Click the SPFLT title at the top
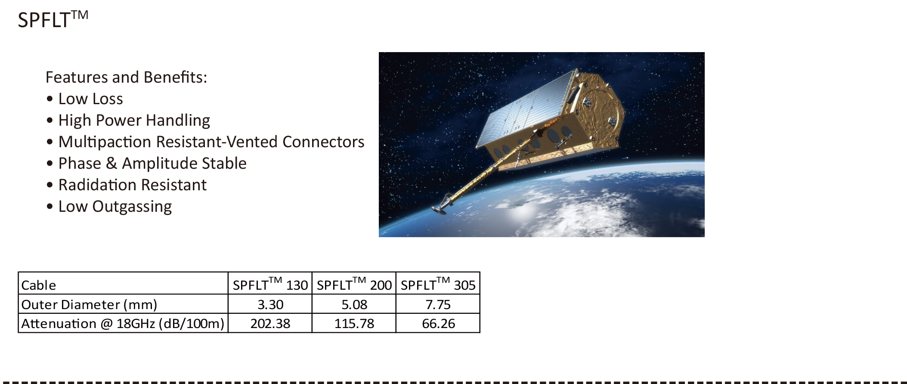[x=53, y=20]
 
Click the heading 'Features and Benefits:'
[x=127, y=77]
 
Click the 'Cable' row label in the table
[x=39, y=285]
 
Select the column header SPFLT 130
[x=270, y=284]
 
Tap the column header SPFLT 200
[x=354, y=284]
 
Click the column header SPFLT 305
[x=438, y=284]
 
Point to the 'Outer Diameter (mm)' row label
[x=89, y=304]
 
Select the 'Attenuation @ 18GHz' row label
[x=123, y=323]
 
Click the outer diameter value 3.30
[x=270, y=304]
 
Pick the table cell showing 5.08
[x=354, y=304]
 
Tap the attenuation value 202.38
[x=270, y=323]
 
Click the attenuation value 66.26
[x=438, y=323]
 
